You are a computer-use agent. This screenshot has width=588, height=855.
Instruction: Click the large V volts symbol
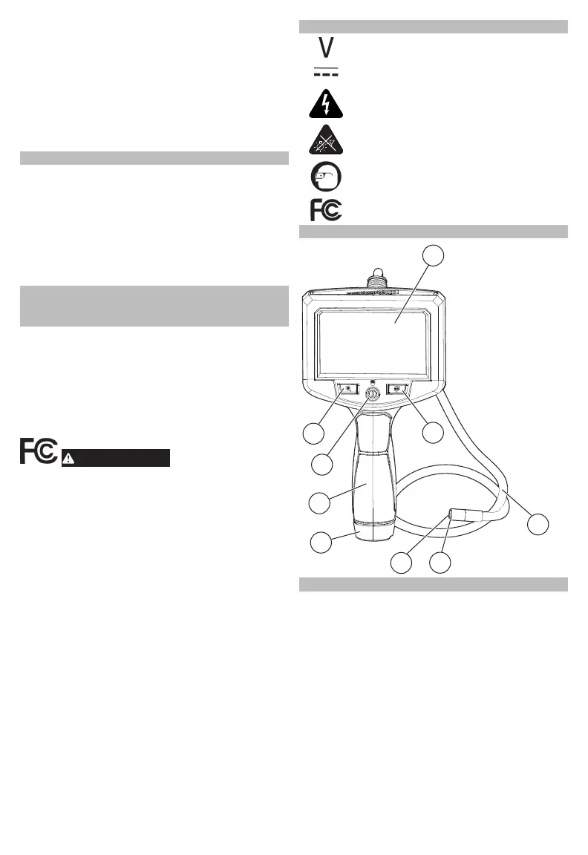[325, 50]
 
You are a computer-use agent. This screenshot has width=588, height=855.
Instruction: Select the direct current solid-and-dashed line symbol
[325, 73]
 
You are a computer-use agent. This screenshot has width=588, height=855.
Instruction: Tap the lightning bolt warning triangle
[326, 104]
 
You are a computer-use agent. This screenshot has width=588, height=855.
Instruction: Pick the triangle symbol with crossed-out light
[326, 140]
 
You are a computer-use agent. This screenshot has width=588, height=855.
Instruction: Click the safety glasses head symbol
[326, 177]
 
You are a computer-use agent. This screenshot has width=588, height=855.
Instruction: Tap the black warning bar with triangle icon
[116, 457]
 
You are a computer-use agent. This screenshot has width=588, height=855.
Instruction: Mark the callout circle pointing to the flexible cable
[539, 524]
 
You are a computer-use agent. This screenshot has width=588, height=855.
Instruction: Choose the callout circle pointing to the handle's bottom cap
[321, 542]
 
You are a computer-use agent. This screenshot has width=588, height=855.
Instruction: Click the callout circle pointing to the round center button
[321, 465]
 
